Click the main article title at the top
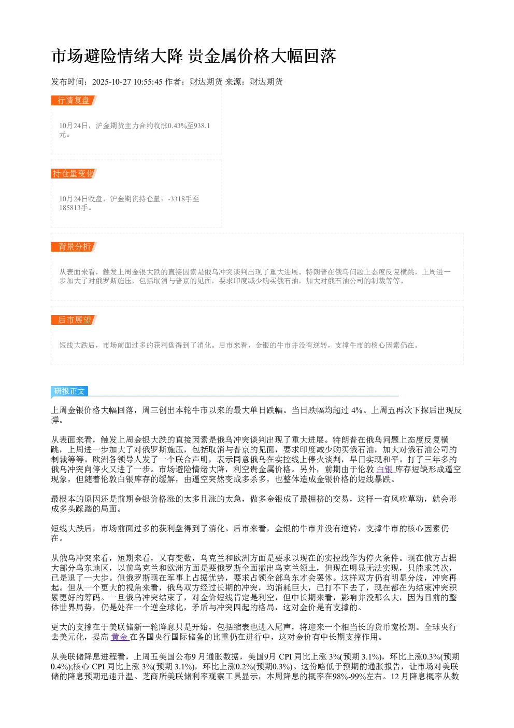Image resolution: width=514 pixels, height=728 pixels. click(x=193, y=56)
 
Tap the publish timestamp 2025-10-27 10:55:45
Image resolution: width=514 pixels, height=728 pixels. click(x=127, y=82)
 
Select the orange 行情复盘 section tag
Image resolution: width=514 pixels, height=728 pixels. click(x=74, y=101)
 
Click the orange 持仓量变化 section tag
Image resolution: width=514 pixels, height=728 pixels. click(x=74, y=173)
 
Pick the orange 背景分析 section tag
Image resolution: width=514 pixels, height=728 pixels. click(x=74, y=246)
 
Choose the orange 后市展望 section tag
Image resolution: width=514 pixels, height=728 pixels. click(x=74, y=320)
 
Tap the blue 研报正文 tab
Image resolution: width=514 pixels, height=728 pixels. click(x=69, y=391)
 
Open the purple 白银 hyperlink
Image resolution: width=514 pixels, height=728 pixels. click(x=385, y=469)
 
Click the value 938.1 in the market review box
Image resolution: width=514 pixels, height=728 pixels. click(x=202, y=126)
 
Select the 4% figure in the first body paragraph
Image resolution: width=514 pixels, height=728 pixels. click(x=356, y=410)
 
